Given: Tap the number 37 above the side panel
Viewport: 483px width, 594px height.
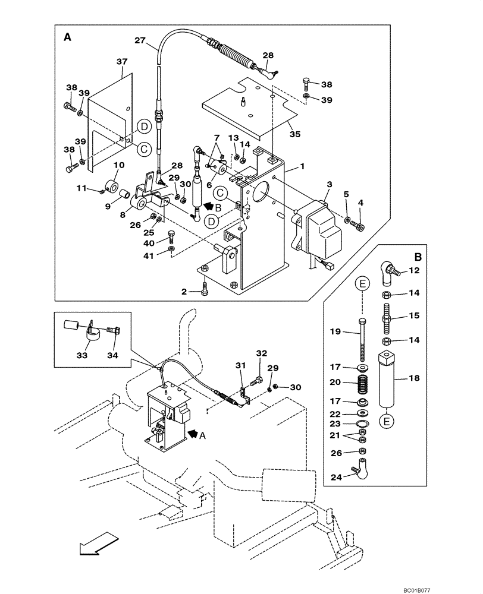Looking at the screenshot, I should [x=122, y=62].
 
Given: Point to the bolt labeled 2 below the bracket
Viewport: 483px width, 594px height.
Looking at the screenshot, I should [x=205, y=290].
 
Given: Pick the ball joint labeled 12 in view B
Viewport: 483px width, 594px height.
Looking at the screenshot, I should [x=388, y=271].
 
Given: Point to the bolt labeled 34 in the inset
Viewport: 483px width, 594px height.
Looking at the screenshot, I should [x=113, y=330].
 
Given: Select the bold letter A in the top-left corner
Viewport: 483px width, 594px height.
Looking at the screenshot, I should [x=67, y=37].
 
